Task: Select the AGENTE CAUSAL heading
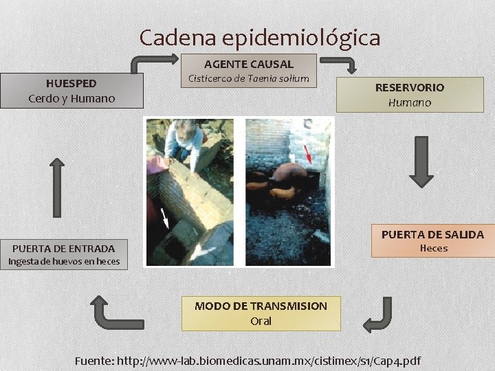point(248,64)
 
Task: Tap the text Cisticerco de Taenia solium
point(248,78)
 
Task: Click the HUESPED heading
point(71,83)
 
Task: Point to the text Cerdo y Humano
point(71,98)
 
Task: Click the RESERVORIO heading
point(409,87)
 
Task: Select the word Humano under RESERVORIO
point(409,102)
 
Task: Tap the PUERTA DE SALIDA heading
point(432,234)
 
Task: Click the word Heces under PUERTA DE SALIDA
point(433,248)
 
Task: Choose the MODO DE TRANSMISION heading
point(261,306)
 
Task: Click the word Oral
point(261,321)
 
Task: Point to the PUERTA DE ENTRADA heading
point(63,248)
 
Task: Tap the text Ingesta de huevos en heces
point(63,261)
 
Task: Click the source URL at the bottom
point(247,360)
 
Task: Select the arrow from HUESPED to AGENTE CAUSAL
point(144,64)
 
